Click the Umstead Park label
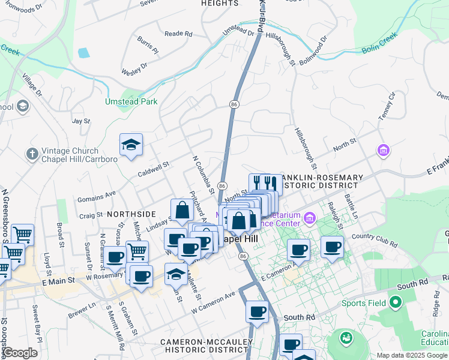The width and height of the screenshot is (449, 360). [131, 101]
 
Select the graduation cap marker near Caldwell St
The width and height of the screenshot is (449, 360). [131, 145]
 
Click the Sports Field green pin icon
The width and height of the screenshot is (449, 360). [394, 302]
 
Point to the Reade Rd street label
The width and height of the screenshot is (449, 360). [178, 34]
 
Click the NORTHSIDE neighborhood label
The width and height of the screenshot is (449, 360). [131, 214]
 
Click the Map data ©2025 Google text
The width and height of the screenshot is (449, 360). [412, 355]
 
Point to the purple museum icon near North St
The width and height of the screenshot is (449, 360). [383, 150]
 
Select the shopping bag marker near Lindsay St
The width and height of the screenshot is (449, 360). [182, 211]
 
